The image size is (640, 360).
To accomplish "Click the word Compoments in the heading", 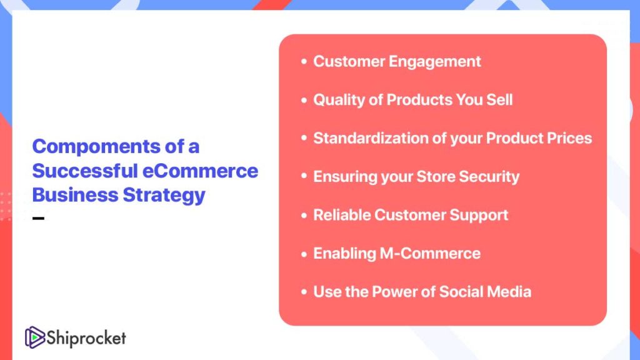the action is (x=96, y=147).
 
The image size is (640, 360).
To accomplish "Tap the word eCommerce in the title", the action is (x=200, y=171).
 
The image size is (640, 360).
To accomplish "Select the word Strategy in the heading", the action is (x=164, y=196).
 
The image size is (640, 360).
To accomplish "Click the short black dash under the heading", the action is (x=38, y=218).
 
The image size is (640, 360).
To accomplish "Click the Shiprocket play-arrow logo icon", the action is (x=35, y=337).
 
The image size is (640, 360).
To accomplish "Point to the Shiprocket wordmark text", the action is (x=86, y=338).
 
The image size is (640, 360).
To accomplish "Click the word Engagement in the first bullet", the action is (x=435, y=62).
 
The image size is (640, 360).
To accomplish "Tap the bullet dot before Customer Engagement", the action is (x=304, y=62).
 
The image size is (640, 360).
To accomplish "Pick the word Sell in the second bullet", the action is (x=499, y=99).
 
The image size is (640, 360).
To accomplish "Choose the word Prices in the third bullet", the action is (x=569, y=138).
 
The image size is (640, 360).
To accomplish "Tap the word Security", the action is (x=489, y=177).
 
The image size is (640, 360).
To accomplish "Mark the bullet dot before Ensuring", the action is (x=304, y=176).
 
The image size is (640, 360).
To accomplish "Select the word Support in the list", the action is (x=479, y=216).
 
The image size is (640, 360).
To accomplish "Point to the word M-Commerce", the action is (x=430, y=254).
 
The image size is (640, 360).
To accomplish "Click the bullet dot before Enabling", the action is (x=304, y=254).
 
